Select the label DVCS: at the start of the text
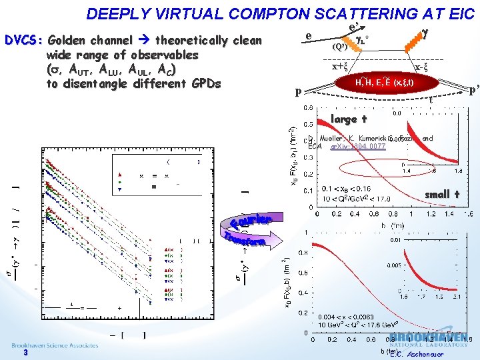tap(23, 40)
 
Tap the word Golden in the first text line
tap(71, 40)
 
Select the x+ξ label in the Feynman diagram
tap(341, 66)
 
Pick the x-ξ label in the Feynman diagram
tap(421, 67)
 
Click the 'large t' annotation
tap(349, 119)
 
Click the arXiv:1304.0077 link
tap(358, 146)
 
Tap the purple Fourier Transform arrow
tap(248, 231)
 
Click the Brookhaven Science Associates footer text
tap(55, 345)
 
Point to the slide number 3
tap(25, 354)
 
